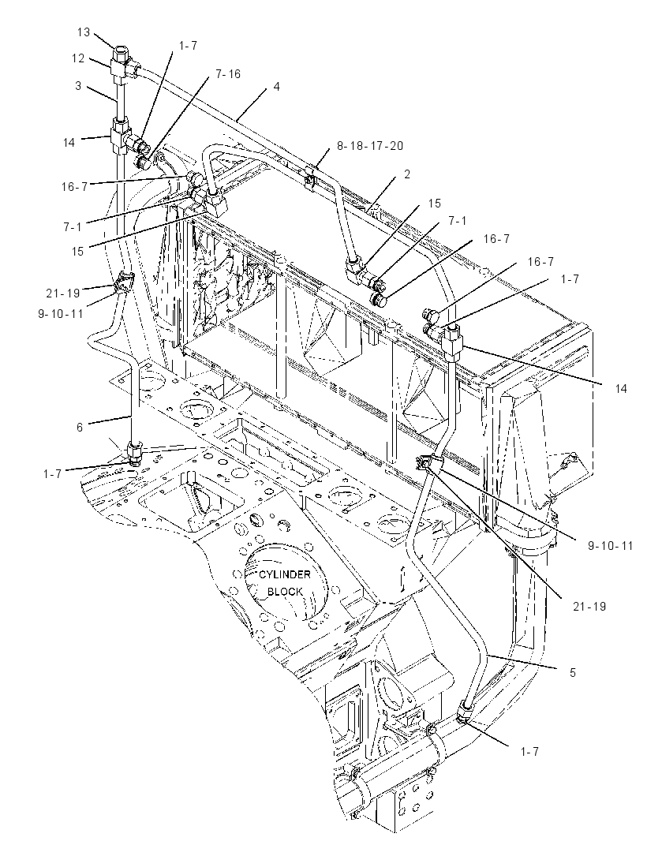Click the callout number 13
[84, 32]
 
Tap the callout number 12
[78, 58]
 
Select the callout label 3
[78, 85]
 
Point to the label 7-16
[228, 73]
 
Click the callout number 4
[276, 86]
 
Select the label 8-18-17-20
[370, 145]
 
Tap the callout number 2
[407, 174]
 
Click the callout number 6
[80, 427]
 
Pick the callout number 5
[572, 672]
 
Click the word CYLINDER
[285, 574]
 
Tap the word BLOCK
[285, 592]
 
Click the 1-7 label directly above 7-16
[188, 46]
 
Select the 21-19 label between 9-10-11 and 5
[588, 606]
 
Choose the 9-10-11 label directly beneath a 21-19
[61, 313]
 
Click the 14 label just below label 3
[69, 143]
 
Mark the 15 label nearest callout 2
[435, 204]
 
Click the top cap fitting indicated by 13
[120, 54]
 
